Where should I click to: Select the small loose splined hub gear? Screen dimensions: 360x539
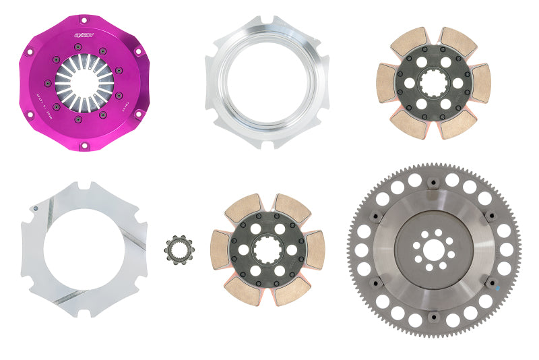tap(179, 249)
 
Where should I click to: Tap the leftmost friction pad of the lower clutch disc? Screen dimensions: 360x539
tap(220, 250)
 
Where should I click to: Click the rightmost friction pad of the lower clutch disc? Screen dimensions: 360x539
tap(314, 249)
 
